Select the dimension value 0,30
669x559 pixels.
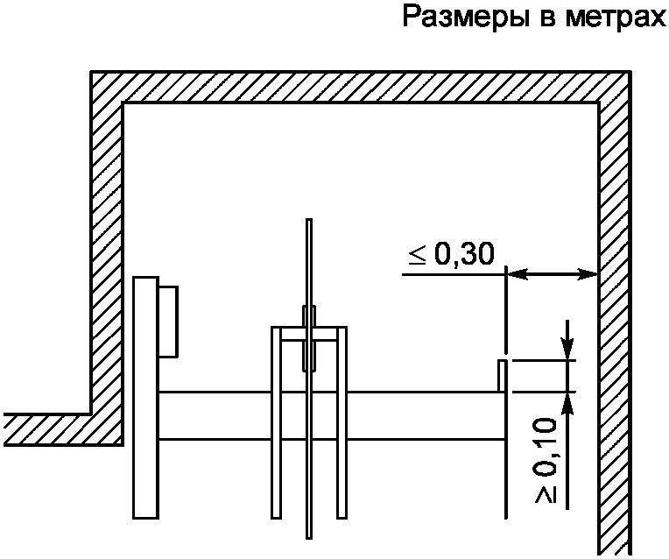click(463, 254)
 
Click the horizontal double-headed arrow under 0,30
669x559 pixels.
click(552, 274)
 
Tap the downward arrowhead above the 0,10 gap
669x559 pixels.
click(567, 348)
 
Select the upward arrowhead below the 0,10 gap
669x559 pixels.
click(567, 402)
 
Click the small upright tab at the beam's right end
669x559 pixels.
click(503, 375)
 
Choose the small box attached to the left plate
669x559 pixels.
click(168, 322)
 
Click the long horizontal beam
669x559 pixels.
click(412, 415)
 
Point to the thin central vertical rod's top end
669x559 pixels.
click(308, 223)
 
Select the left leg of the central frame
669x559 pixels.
click(276, 421)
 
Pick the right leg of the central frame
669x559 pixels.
click(342, 421)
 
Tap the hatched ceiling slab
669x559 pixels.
click(359, 87)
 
